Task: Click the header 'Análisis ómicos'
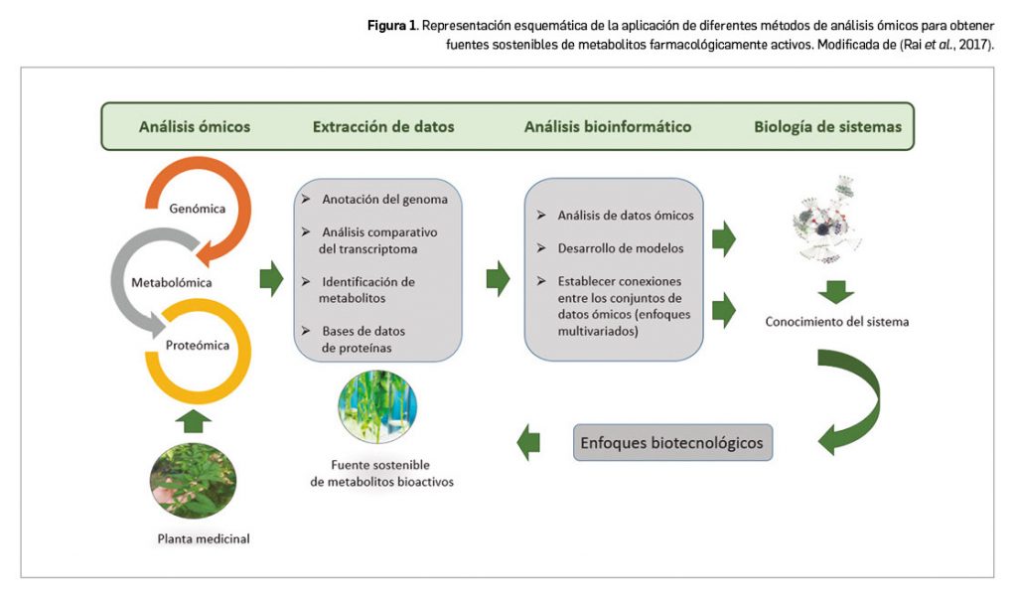coord(194,127)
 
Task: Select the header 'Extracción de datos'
coord(383,127)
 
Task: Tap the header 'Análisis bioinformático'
coord(608,127)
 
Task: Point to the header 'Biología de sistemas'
coord(827,127)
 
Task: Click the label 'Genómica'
coord(197,209)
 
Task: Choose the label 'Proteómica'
coord(198,346)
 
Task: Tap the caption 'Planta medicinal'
coord(204,539)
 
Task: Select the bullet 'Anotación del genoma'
coord(384,200)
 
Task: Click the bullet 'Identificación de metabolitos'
coord(366,289)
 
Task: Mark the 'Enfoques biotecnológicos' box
coord(672,443)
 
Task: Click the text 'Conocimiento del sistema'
coord(836,322)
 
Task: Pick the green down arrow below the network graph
coord(837,290)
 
